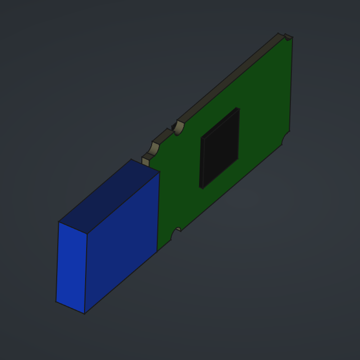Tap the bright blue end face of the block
(x=71, y=267)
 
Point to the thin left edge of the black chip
(x=202, y=163)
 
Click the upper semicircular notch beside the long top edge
(x=178, y=127)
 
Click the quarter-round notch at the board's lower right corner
(x=285, y=138)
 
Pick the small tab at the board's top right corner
(x=288, y=37)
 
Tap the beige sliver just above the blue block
(x=145, y=161)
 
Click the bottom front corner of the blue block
(x=85, y=313)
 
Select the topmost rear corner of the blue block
(x=132, y=159)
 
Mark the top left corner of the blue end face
(x=59, y=222)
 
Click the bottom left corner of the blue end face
(x=56, y=301)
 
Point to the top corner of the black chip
(x=238, y=108)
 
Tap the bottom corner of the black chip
(x=202, y=188)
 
